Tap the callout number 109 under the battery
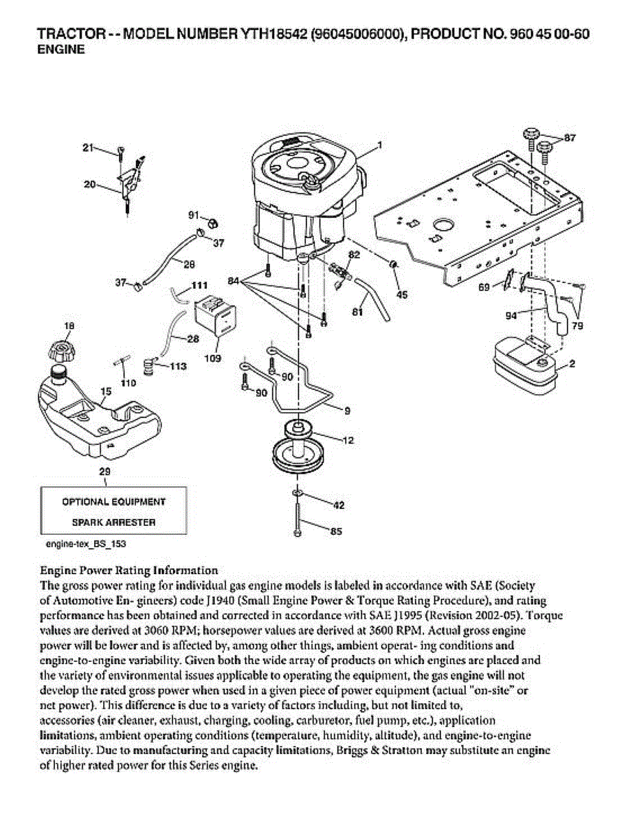point(213,358)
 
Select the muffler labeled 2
point(524,363)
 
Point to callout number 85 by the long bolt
point(337,531)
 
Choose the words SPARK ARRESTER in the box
point(113,522)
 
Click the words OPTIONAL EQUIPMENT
point(113,502)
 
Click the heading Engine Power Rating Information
point(129,570)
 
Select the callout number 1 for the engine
point(379,145)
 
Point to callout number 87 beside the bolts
point(570,138)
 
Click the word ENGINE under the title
point(60,49)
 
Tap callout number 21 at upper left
point(87,147)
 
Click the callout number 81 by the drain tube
point(357,312)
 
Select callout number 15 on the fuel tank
point(104,392)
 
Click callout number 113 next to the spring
point(177,366)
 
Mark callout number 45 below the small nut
point(402,295)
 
